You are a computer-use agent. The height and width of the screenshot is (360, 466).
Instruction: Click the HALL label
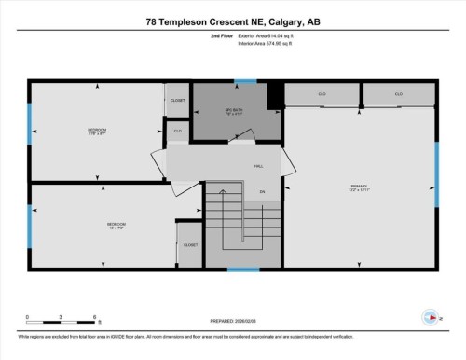click(257, 167)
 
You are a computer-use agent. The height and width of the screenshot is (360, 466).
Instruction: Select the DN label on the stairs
click(263, 192)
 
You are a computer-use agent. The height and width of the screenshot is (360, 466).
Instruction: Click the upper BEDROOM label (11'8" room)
click(97, 130)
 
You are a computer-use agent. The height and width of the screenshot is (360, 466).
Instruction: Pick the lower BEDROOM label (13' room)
click(116, 225)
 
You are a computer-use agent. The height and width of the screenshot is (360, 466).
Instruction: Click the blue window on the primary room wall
click(436, 174)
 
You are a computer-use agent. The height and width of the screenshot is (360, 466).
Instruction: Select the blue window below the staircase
click(243, 270)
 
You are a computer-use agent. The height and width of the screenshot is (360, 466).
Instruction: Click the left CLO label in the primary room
click(322, 95)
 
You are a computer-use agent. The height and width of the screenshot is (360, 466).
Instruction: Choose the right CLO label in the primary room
click(398, 95)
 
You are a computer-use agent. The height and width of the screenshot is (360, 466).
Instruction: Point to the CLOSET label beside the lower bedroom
click(190, 245)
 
